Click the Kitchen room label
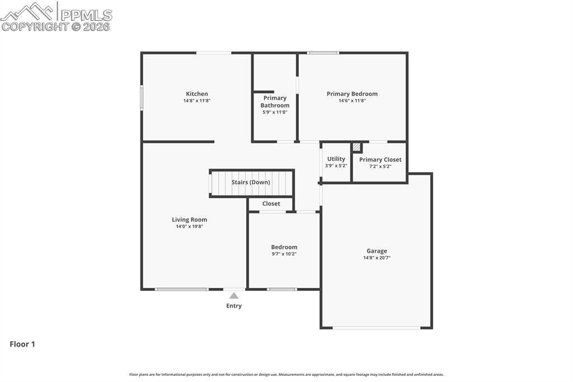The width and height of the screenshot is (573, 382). point(197,94)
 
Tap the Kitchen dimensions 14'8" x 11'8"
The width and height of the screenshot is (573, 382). point(197,101)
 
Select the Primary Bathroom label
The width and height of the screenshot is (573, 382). point(275,101)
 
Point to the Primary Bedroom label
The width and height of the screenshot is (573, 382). point(352,94)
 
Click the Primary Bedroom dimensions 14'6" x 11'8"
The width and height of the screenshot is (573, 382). point(352,101)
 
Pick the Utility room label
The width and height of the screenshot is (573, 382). point(336,159)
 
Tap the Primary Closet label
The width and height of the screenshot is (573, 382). point(380,160)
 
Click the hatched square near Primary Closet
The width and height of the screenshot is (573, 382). point(356,147)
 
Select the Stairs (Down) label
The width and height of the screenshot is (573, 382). point(251,182)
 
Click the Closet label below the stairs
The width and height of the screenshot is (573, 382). point(271,204)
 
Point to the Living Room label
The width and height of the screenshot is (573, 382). point(189,220)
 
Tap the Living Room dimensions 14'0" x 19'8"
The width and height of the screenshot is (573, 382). point(189,227)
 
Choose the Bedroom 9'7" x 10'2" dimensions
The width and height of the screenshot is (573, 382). point(284,254)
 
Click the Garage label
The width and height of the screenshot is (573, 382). point(377,251)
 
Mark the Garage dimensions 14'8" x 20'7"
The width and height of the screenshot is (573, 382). point(377,258)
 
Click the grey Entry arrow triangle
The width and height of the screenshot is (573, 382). point(234,296)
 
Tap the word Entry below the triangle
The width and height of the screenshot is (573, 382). point(234,306)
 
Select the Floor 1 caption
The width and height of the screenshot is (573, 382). point(22,344)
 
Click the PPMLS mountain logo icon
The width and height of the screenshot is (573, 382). point(28,10)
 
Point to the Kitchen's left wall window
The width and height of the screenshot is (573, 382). point(142,97)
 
